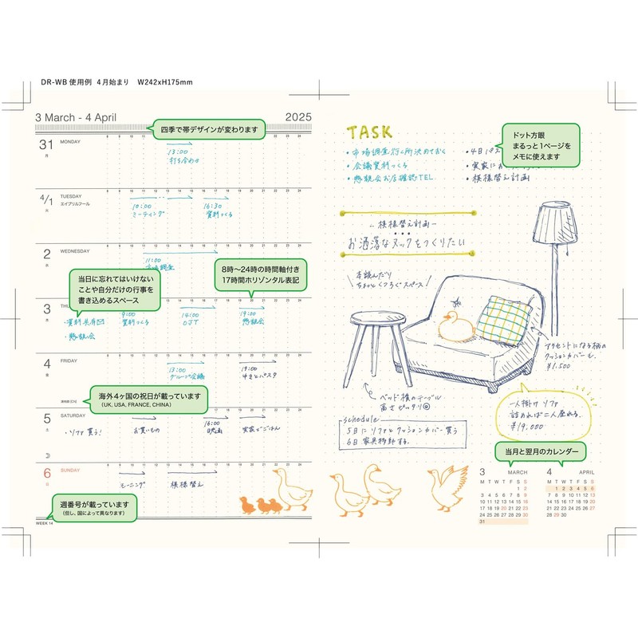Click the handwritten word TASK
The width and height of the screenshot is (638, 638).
pos(368,132)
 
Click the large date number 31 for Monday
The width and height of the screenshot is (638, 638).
pos(46,144)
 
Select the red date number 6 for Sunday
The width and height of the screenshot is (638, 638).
pos(46,472)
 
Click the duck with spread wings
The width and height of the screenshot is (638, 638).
pos(447,485)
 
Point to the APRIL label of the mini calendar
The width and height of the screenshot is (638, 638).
pos(586,472)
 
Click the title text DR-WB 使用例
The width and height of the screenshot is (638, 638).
pos(65,82)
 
